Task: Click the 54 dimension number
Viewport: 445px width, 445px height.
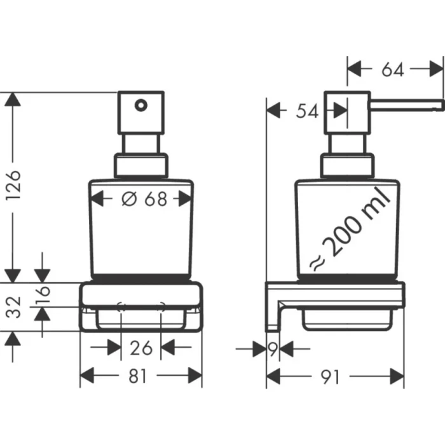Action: pyautogui.click(x=308, y=111)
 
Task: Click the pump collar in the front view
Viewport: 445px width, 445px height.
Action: pyautogui.click(x=141, y=166)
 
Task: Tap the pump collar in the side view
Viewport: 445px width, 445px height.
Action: pyautogui.click(x=347, y=166)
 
